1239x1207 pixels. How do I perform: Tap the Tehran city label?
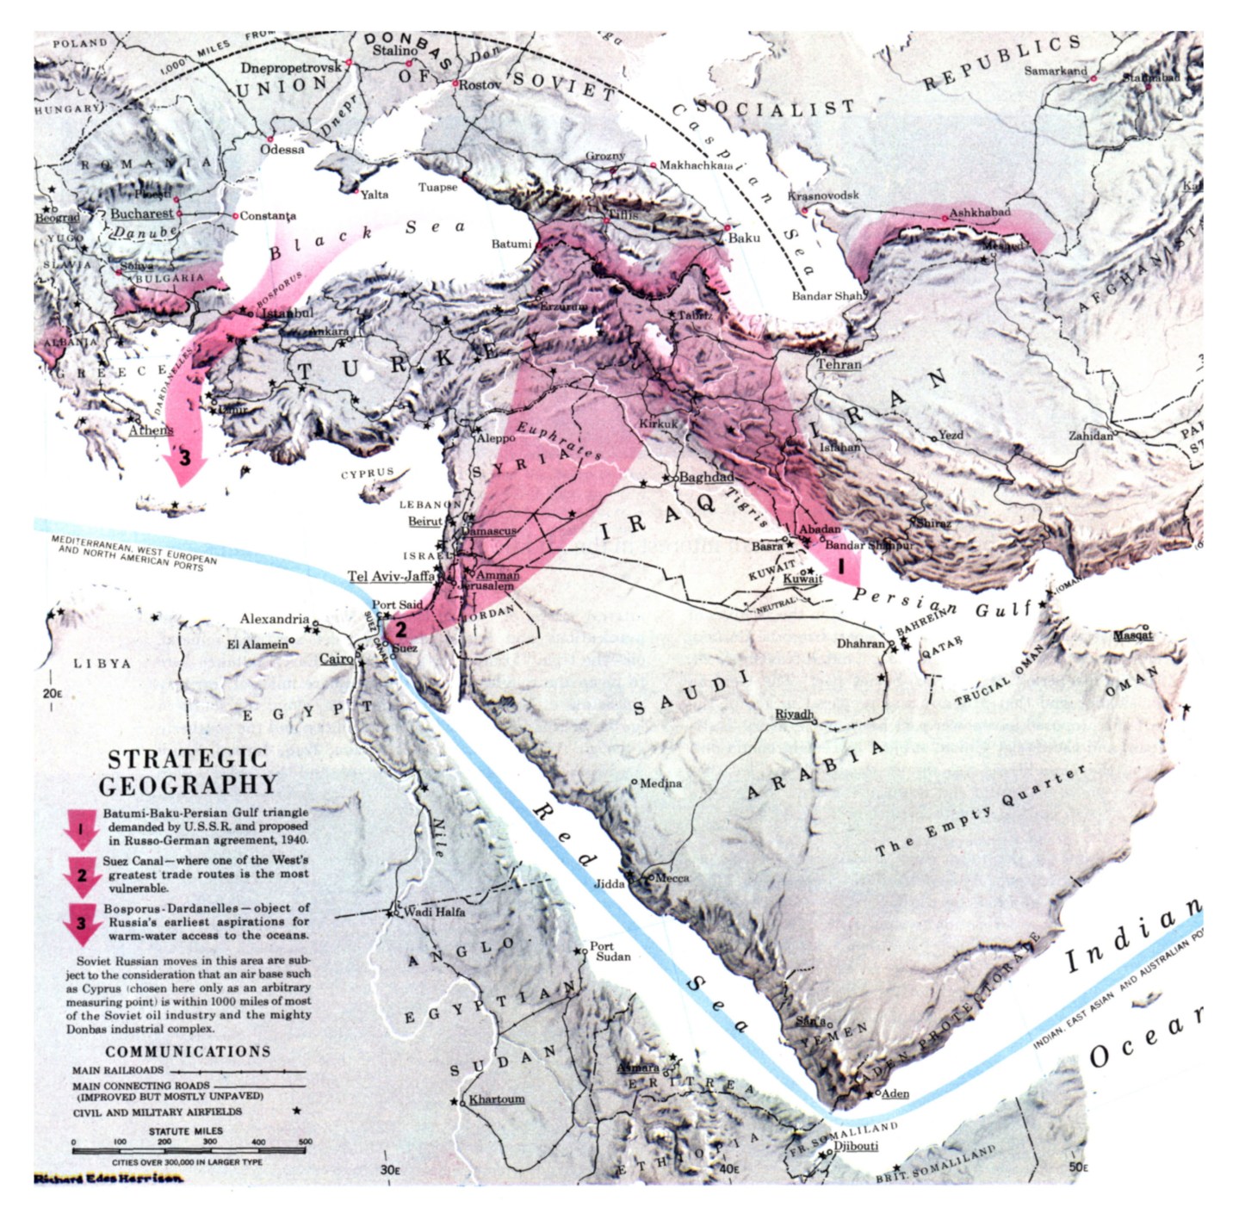click(839, 364)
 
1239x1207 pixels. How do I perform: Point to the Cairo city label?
click(336, 659)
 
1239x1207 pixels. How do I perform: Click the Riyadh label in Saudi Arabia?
click(794, 715)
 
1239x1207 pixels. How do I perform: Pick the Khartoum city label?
click(496, 1099)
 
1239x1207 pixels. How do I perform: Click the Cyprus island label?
click(367, 474)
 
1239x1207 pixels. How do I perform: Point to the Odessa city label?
click(282, 149)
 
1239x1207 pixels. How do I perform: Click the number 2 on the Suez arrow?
click(400, 629)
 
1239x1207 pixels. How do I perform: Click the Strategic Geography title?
click(187, 771)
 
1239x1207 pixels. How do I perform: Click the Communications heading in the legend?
click(188, 1051)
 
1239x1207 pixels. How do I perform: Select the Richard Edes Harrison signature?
click(108, 1179)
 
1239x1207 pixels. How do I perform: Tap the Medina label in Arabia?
click(661, 783)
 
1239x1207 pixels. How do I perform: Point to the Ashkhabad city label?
click(980, 213)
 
